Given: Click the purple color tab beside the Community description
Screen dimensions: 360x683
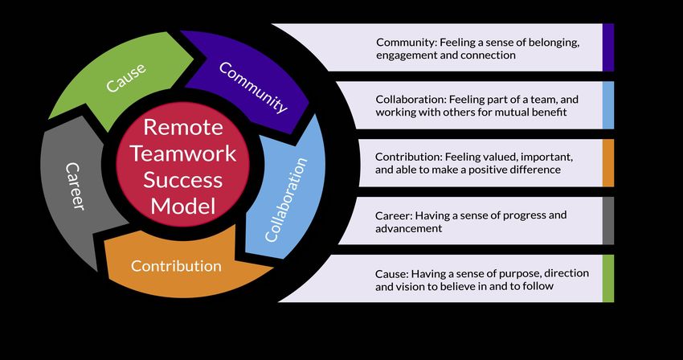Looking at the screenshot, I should [x=608, y=47].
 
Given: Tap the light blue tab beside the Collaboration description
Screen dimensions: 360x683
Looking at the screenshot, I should [x=608, y=104].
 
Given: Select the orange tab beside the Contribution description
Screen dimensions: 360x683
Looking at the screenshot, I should [x=608, y=162].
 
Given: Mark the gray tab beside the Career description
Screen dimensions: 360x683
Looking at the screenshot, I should [x=608, y=221].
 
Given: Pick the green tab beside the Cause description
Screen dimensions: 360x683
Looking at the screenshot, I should [x=608, y=279].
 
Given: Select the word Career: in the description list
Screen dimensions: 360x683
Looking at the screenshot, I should [x=394, y=215].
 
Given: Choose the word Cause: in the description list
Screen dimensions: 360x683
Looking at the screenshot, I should [x=392, y=273].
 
